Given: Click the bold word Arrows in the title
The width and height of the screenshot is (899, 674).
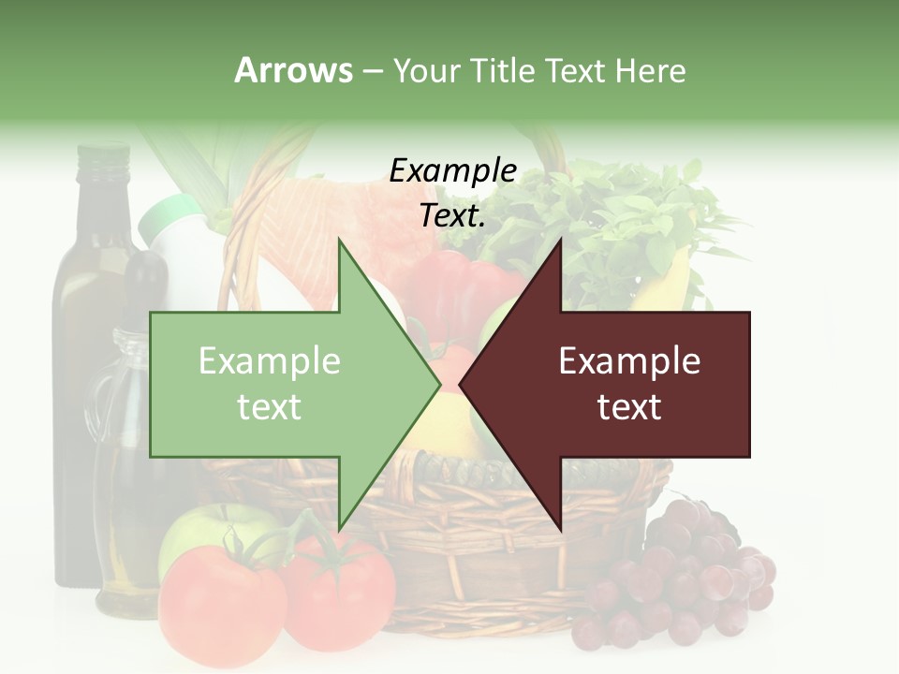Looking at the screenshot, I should click(x=293, y=70).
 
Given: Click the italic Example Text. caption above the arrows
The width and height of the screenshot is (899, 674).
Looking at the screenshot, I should click(x=453, y=193).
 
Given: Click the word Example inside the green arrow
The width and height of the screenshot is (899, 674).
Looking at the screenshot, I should click(x=270, y=360).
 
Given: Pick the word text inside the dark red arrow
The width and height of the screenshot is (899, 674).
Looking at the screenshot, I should click(x=629, y=406).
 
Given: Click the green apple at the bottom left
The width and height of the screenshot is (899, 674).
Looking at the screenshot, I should click(x=201, y=534).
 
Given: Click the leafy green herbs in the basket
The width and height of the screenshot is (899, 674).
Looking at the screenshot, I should click(x=609, y=225).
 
